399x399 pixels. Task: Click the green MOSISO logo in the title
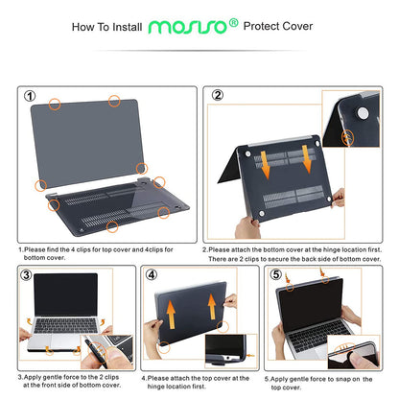tap(188, 28)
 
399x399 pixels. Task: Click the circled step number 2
tap(218, 95)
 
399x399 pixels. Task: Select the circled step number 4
tap(151, 274)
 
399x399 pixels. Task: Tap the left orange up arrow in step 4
tap(172, 312)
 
